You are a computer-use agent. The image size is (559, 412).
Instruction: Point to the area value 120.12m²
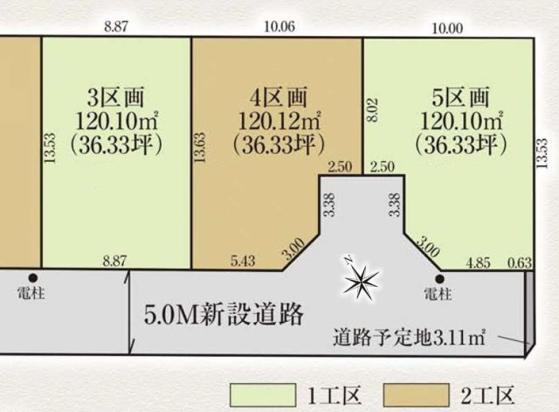click(x=274, y=117)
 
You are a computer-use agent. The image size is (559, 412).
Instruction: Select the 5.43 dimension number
click(x=244, y=261)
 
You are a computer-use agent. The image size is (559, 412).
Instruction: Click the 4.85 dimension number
click(x=480, y=261)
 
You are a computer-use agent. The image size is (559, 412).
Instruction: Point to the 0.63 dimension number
click(x=521, y=261)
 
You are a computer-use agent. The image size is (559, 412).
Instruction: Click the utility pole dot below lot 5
click(x=438, y=279)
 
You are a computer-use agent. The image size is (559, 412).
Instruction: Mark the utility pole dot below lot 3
click(x=35, y=279)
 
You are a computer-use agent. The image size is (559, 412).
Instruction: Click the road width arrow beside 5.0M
click(x=130, y=311)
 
